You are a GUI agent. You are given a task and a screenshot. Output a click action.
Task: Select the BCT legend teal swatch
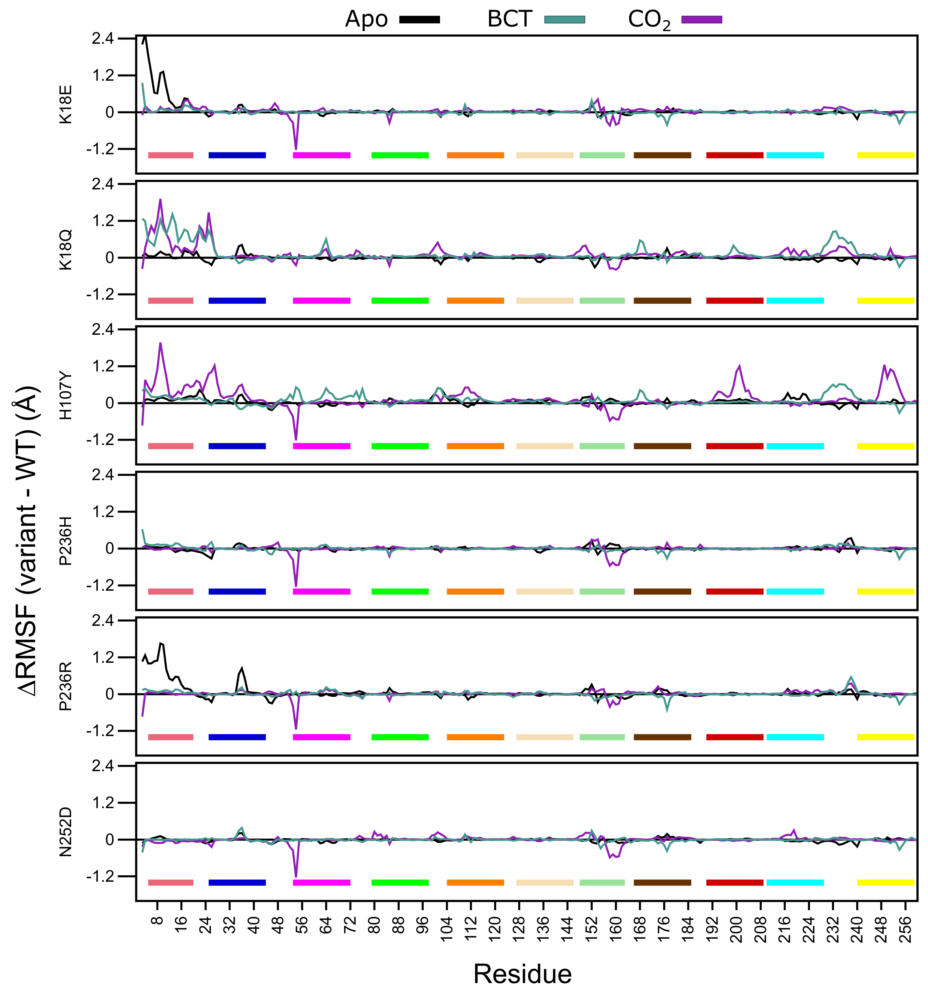(x=564, y=19)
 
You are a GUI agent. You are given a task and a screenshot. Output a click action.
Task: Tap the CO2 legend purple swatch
(x=702, y=19)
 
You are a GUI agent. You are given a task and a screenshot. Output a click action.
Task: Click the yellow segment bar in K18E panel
(x=886, y=155)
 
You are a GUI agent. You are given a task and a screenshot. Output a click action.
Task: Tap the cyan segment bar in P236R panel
(x=795, y=737)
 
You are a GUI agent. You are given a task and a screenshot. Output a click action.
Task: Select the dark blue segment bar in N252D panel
(x=237, y=882)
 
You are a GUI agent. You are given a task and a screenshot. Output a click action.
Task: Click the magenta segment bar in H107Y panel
(x=321, y=446)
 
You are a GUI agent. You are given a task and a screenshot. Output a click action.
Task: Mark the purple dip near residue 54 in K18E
(x=296, y=149)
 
